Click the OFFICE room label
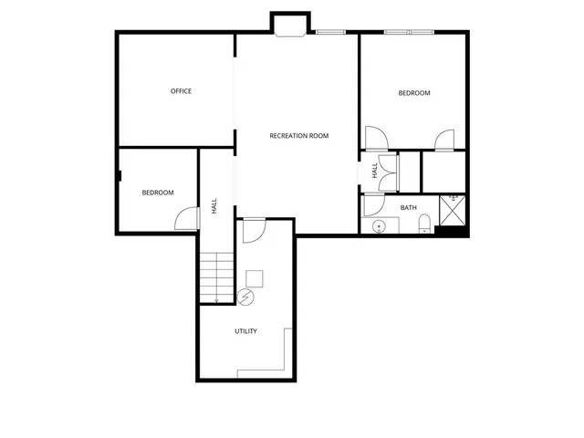pos(181,90)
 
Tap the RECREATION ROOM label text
pos(298,136)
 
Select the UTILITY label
pos(245,331)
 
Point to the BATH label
pos(408,207)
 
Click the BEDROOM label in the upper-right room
pos(413,93)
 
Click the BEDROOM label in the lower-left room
pos(157,193)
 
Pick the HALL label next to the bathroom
pos(374,171)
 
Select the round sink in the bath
pos(379,226)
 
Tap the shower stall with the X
pos(453,209)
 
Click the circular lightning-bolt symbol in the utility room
pos(245,296)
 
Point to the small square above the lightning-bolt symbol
pos(255,277)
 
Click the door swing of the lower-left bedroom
pos(187,219)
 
